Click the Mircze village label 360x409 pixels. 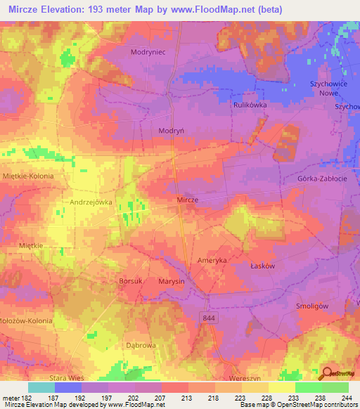tap(187, 200)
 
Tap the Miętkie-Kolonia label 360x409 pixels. tap(28, 176)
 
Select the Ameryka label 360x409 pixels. tap(210, 260)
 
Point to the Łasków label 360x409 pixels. tap(281, 266)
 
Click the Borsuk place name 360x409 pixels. tap(131, 281)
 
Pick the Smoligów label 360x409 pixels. tap(313, 306)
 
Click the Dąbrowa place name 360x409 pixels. tap(141, 346)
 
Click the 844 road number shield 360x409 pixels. tap(205, 318)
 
